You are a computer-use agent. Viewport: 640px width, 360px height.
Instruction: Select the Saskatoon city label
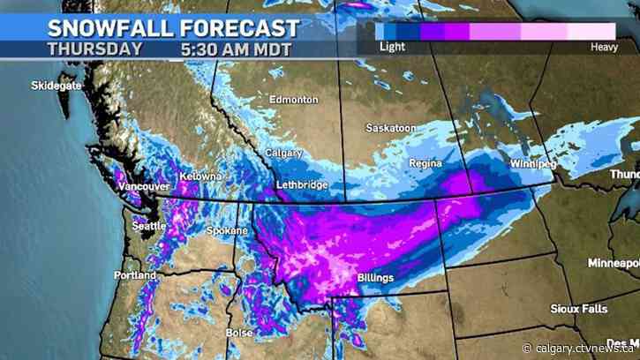(391, 128)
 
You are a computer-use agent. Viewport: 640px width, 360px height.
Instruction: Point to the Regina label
(425, 164)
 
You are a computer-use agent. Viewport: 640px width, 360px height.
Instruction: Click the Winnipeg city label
(532, 164)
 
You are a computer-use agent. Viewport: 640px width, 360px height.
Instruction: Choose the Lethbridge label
(301, 184)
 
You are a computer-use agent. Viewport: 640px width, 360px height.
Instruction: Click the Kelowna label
(201, 176)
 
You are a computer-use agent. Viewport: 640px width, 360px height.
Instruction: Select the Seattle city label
(148, 225)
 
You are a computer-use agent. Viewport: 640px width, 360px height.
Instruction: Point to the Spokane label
(228, 230)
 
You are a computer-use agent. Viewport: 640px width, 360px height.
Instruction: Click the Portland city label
(134, 275)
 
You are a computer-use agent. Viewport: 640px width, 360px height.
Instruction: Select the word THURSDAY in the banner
(94, 49)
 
